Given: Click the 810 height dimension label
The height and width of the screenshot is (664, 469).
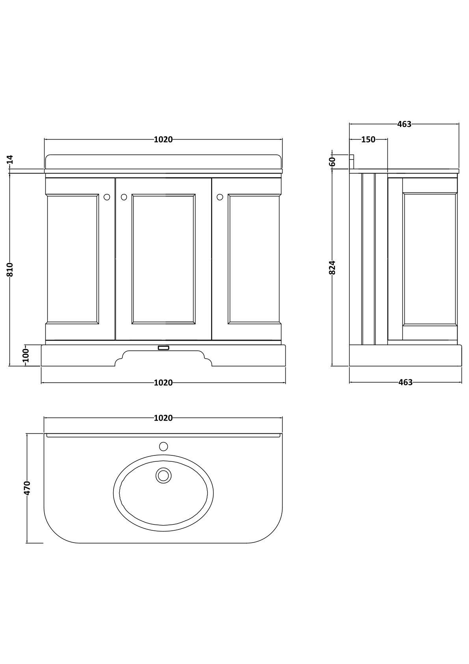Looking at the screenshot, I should [10, 269].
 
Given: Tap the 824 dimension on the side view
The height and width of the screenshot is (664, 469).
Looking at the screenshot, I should [332, 267].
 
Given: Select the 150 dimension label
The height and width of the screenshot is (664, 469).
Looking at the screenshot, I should [368, 140].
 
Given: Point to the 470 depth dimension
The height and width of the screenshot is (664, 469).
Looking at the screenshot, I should [27, 488].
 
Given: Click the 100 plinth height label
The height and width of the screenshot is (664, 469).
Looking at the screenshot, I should [26, 355].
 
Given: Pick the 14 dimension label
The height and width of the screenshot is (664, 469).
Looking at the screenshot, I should [10, 159].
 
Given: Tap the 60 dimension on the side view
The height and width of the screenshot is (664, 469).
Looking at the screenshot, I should [332, 162].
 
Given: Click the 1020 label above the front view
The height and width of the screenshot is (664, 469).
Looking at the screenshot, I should [163, 140].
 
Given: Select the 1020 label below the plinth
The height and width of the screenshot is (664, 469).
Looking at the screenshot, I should [163, 382].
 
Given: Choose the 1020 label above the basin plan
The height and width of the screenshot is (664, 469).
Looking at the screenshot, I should [163, 418].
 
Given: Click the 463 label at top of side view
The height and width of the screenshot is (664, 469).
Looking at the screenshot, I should [404, 124].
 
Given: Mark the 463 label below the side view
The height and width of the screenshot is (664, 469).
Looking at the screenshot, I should [405, 382].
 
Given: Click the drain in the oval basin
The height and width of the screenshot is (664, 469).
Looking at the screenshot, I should [163, 475].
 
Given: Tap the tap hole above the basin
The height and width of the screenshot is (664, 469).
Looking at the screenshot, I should [163, 446].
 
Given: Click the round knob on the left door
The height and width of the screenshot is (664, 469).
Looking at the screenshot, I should [107, 197].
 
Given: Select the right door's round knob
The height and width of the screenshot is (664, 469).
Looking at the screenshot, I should [220, 197].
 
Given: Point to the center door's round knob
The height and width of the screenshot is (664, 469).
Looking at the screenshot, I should [124, 197].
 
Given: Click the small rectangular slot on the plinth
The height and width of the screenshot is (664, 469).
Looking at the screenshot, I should [163, 348].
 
